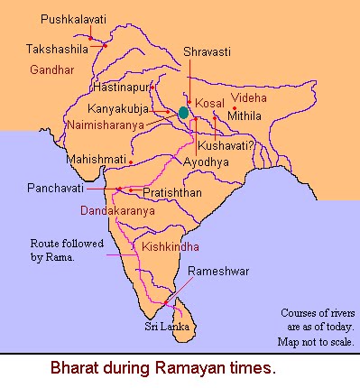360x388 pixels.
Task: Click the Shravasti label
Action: pyautogui.click(x=208, y=53)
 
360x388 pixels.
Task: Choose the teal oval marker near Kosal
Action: pyautogui.click(x=184, y=113)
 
